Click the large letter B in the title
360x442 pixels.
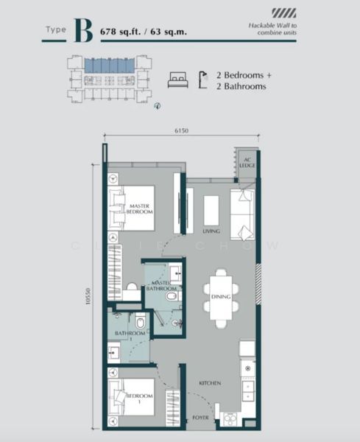point(83,31)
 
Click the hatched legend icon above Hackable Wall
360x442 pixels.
point(282,13)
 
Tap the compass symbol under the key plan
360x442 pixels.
point(157,107)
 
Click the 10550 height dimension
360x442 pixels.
point(88,295)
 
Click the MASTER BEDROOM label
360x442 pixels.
point(140,209)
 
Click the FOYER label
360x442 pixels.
point(201,418)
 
